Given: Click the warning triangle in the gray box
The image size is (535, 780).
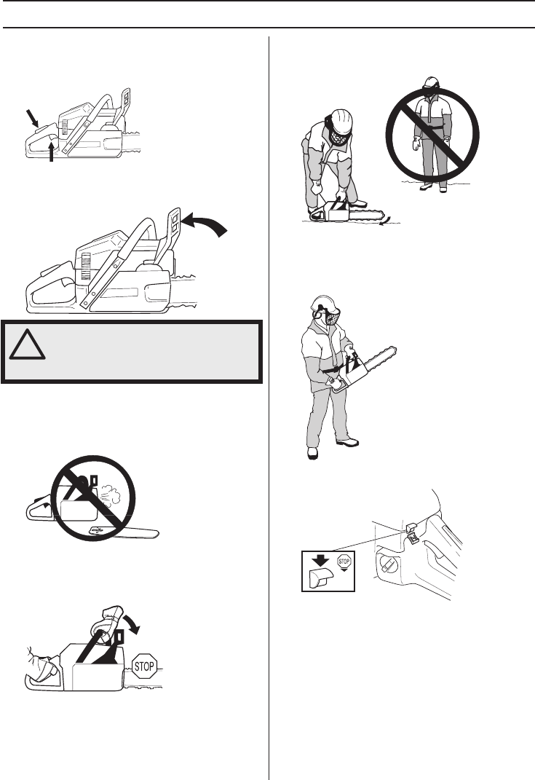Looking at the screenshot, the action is [28, 344].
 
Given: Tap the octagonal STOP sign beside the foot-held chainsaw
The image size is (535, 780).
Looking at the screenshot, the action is [145, 666].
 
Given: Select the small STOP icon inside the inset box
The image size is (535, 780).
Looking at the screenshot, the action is [344, 562].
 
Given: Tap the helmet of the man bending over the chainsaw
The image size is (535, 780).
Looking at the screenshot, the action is [341, 120].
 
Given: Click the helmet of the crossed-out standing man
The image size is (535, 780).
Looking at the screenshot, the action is [431, 82].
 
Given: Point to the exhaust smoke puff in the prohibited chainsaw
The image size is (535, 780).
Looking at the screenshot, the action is [111, 497].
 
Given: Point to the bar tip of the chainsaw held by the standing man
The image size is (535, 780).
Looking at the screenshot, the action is [393, 349].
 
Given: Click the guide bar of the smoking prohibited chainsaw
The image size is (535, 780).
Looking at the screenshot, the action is [125, 532].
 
